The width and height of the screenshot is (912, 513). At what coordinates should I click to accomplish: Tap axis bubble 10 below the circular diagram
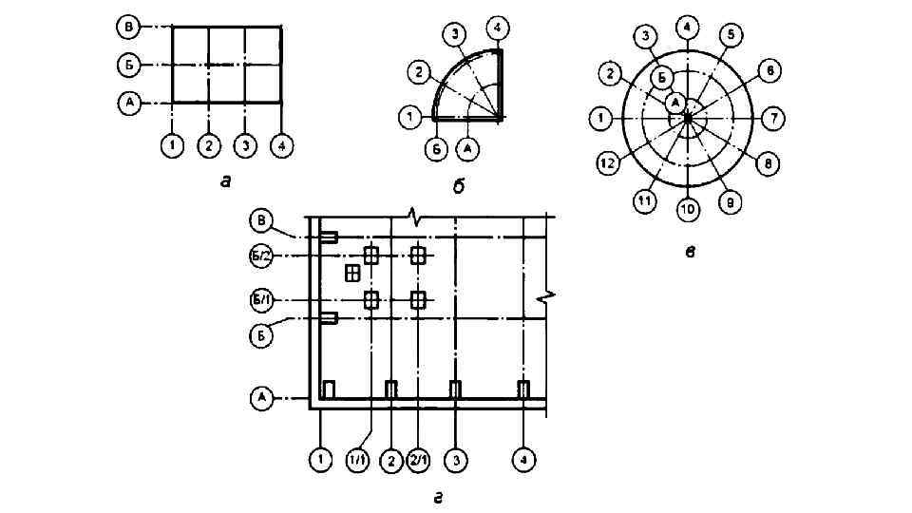tap(687, 208)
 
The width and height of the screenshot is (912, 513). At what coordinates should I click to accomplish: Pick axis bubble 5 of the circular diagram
tap(730, 35)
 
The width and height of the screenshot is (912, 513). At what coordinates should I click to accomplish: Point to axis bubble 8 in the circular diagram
tap(768, 163)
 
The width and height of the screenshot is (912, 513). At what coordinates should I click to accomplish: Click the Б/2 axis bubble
tap(261, 256)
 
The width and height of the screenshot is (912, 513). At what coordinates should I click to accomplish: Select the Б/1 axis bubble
tap(261, 301)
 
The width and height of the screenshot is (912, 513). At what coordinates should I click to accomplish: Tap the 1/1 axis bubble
tap(358, 461)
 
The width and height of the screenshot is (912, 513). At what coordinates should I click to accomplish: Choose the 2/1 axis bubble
tap(419, 461)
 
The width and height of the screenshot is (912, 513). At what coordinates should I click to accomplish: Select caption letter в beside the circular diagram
tap(691, 252)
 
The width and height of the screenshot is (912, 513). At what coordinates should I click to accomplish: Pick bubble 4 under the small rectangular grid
tap(280, 146)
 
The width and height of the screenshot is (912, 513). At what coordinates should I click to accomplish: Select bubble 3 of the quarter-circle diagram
tap(456, 35)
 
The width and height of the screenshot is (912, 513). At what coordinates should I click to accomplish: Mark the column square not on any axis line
tap(352, 274)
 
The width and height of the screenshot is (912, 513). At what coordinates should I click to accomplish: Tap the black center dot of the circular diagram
tap(687, 118)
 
